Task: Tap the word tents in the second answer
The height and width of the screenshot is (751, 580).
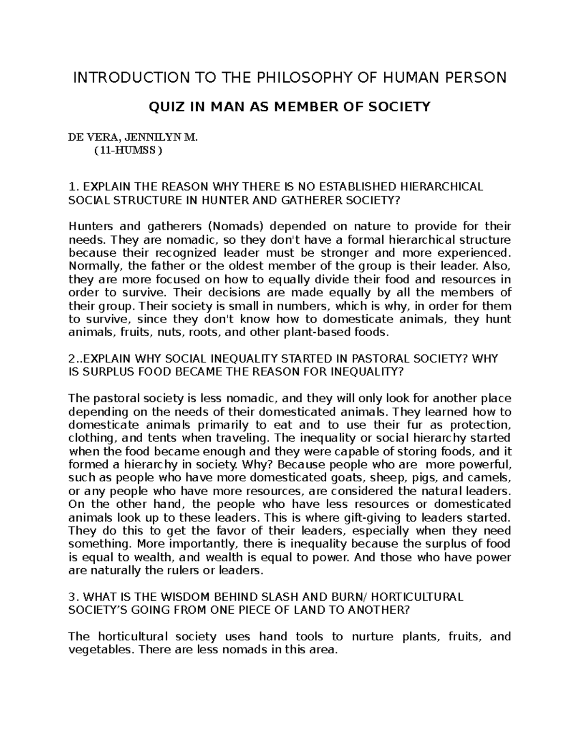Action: click(156, 438)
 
